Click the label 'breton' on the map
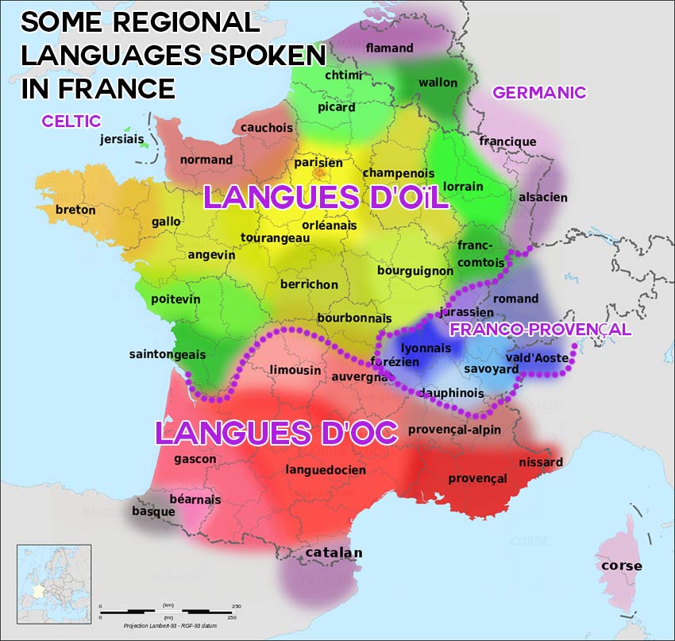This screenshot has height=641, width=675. (x=75, y=210)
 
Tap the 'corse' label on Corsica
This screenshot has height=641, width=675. (x=622, y=566)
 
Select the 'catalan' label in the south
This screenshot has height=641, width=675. (x=334, y=553)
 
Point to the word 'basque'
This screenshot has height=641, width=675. (x=153, y=512)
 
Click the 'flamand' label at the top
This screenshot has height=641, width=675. (x=389, y=48)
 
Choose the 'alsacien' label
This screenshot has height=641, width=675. (x=543, y=197)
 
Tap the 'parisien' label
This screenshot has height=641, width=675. (x=318, y=163)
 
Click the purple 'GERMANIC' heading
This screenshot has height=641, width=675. (x=539, y=92)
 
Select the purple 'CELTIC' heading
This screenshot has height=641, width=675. (x=71, y=122)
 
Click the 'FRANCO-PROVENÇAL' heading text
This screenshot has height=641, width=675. (x=540, y=329)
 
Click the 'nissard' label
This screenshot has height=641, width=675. (x=540, y=462)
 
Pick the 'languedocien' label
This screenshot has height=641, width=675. (x=326, y=470)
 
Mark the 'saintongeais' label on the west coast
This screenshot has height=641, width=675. (x=162, y=354)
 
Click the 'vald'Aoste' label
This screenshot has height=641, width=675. (x=537, y=359)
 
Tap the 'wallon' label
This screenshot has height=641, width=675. (x=438, y=83)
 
